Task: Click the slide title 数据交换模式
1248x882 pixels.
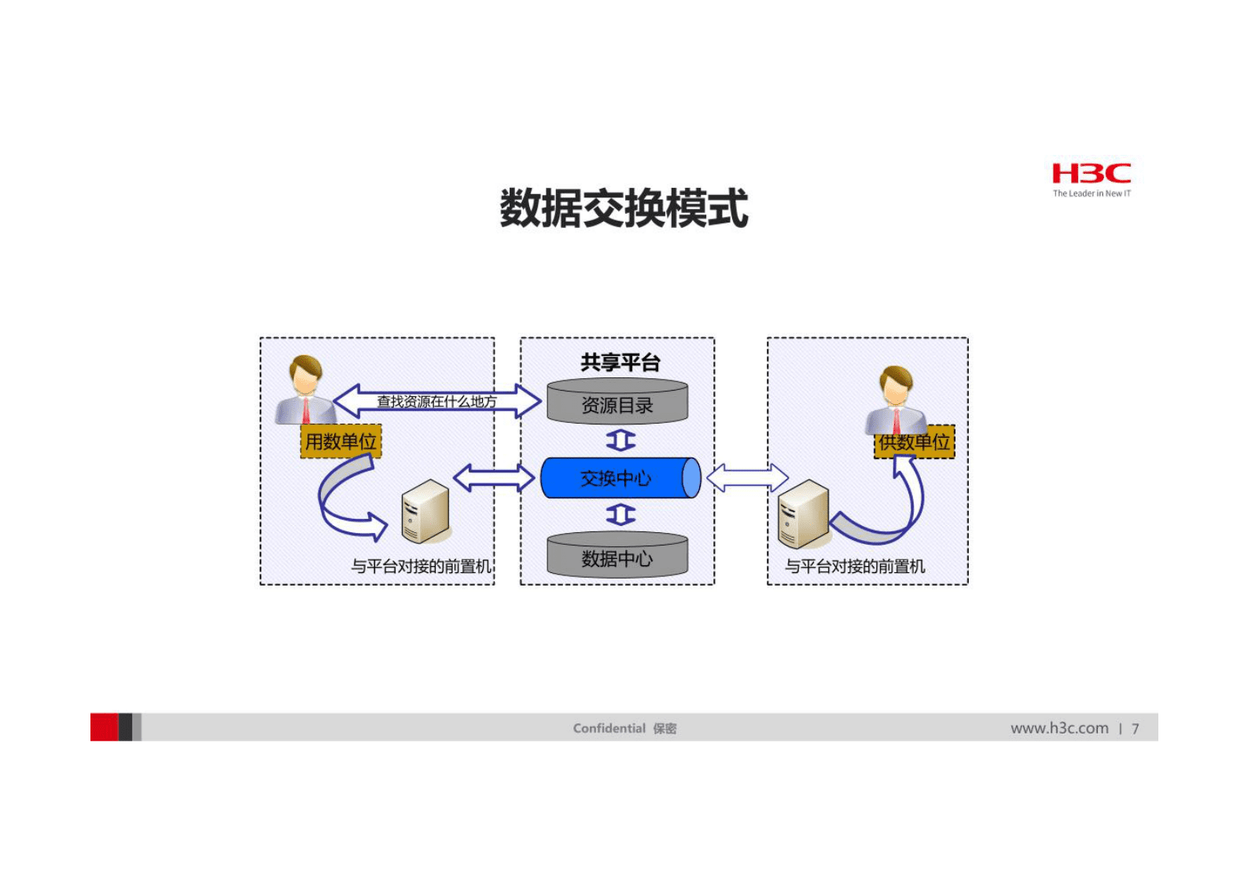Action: [624, 208]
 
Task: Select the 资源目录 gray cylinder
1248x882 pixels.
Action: [617, 402]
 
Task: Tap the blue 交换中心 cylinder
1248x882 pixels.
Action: [617, 478]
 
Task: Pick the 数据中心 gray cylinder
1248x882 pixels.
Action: [617, 557]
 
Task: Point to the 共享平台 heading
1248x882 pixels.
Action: [620, 362]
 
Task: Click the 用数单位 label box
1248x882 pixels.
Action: [341, 442]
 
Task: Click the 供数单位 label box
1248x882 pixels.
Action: [915, 443]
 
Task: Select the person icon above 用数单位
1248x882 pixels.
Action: [305, 389]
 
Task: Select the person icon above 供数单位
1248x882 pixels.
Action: [895, 397]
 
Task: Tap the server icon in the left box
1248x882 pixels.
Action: [425, 513]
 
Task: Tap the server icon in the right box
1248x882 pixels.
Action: [802, 515]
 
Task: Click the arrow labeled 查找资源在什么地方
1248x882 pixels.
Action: [436, 402]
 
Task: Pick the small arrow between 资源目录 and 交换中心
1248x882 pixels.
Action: [620, 440]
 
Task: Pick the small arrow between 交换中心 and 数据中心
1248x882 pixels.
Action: [620, 515]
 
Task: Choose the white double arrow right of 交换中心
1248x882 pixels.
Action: [746, 478]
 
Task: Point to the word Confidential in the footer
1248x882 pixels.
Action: [609, 728]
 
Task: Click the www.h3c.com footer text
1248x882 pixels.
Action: [1059, 728]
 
